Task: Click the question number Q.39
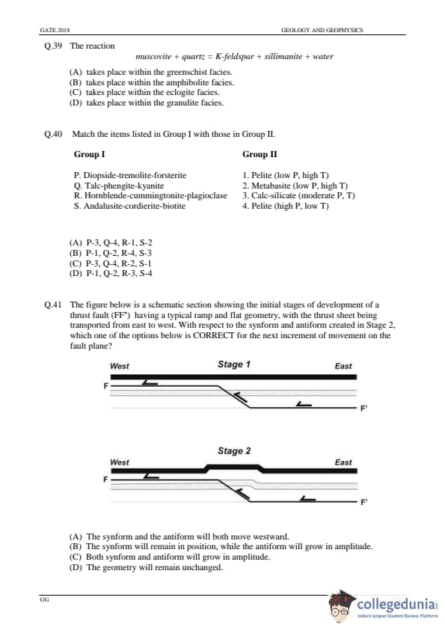point(53,46)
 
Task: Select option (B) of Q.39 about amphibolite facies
point(151,82)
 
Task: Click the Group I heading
point(89,154)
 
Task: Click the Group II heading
point(260,154)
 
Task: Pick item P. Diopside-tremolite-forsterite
point(130,175)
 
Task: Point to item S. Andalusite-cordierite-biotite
point(129,206)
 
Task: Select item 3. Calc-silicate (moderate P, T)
point(298,196)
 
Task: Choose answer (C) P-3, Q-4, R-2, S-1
point(111,263)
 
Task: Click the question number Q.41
point(53,305)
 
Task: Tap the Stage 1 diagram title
point(234,364)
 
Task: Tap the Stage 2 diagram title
point(234,451)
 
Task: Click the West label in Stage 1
point(119,366)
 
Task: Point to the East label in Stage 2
point(343,462)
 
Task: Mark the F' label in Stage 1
point(363,409)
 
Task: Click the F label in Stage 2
point(105,480)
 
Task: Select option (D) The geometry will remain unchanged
point(146,567)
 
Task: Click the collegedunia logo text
point(396,604)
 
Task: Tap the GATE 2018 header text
point(55,30)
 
